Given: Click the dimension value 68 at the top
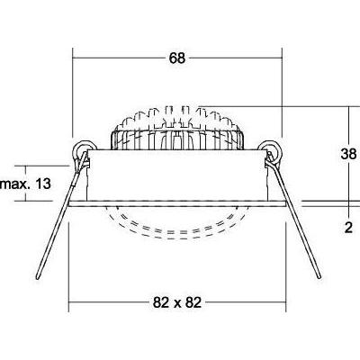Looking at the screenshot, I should [176, 58].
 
